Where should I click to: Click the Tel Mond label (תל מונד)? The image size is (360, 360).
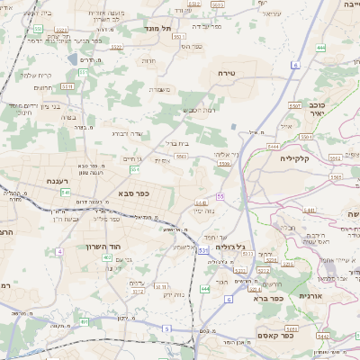(157, 30)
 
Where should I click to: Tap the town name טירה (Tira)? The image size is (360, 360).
(227, 70)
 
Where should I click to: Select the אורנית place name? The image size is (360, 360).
(310, 295)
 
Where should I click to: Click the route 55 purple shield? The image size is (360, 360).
(220, 195)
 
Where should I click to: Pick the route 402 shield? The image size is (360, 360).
(107, 258)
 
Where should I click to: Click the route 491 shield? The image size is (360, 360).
(84, 321)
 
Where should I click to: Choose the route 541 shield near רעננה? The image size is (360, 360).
(66, 192)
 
